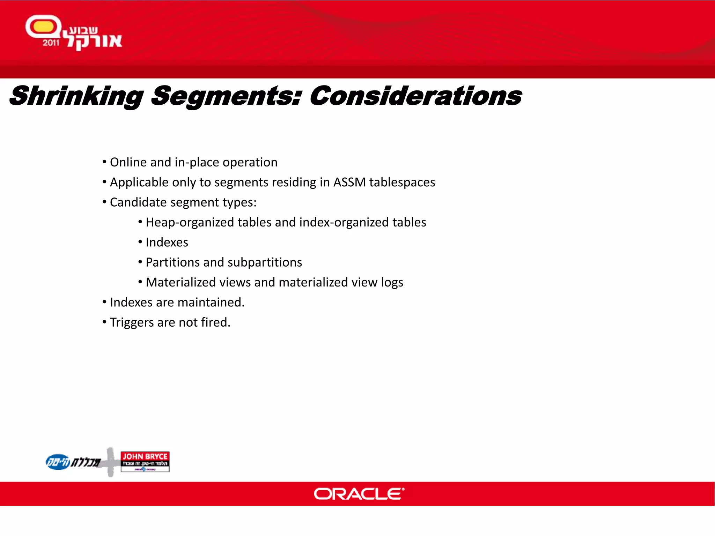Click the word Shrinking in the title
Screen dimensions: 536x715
tap(76, 96)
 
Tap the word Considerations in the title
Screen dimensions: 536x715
tap(415, 96)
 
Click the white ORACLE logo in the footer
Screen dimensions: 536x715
tap(359, 494)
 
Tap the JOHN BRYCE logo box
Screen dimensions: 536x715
tap(145, 461)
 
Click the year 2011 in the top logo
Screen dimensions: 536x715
tap(51, 43)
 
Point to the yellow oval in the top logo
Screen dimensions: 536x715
tap(43, 27)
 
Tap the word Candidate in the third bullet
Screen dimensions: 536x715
tap(138, 202)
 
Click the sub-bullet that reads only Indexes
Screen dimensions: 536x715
tap(167, 242)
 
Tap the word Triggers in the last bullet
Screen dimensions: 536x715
tap(132, 322)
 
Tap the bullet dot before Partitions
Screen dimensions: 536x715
tap(140, 262)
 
